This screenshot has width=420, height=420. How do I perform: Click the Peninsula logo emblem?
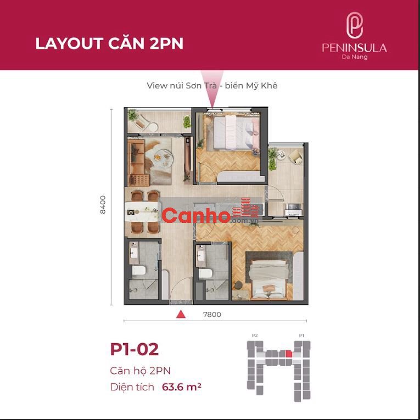(x=354, y=25)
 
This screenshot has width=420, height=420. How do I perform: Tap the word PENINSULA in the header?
(x=354, y=48)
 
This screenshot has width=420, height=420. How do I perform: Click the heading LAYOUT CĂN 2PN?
(x=109, y=43)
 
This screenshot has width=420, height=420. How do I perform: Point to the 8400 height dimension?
(x=103, y=205)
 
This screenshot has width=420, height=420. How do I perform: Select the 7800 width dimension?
(x=212, y=315)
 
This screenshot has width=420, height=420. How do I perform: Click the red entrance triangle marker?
(x=181, y=314)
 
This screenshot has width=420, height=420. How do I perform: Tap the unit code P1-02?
(x=135, y=349)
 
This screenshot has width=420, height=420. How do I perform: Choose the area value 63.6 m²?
(x=182, y=387)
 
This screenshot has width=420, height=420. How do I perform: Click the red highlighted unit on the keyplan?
(x=288, y=354)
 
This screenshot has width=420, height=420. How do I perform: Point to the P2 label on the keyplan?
(x=255, y=335)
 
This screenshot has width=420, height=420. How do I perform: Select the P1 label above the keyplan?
(x=301, y=335)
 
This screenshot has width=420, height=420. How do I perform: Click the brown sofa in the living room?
(x=137, y=163)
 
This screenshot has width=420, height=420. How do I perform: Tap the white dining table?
(x=142, y=211)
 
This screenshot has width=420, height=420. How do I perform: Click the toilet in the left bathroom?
(x=139, y=271)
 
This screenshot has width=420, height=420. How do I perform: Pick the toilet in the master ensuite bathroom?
(x=205, y=273)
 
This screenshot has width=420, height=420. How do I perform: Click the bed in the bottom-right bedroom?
(x=269, y=279)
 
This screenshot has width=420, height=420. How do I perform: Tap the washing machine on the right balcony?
(x=293, y=210)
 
